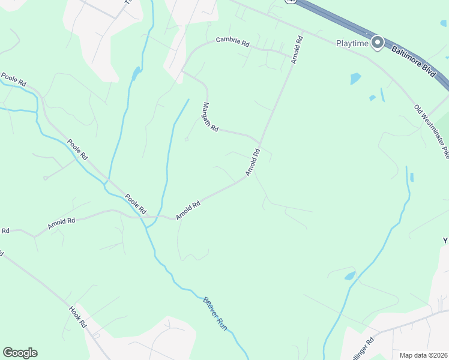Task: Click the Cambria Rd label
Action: [233, 41]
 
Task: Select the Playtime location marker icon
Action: [378, 42]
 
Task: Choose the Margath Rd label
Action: [209, 118]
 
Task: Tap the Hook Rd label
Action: [77, 317]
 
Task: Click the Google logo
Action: [20, 353]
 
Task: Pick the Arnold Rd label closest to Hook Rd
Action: [62, 224]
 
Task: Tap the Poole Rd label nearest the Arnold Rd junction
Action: [135, 204]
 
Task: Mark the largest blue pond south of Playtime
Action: [355, 78]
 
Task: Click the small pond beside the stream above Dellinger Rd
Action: [349, 276]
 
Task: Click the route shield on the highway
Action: [291, 2]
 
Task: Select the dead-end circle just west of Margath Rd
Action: [186, 139]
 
